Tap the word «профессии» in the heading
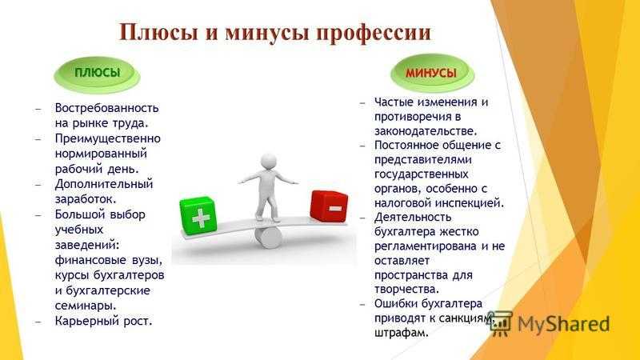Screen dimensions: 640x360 (x=374, y=34)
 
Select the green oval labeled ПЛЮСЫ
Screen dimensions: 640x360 (x=97, y=74)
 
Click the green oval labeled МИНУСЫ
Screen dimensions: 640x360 (x=431, y=74)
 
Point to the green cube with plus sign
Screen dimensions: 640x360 (x=198, y=216)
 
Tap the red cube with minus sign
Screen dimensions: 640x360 (x=329, y=206)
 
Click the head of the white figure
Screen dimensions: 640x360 (x=269, y=161)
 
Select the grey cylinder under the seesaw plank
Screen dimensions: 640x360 (x=268, y=238)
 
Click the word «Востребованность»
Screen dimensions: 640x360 (x=106, y=108)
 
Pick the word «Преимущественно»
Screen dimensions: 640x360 (x=108, y=139)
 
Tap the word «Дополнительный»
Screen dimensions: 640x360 (x=104, y=184)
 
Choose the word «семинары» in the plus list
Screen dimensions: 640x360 (x=86, y=306)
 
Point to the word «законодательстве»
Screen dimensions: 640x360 (x=426, y=131)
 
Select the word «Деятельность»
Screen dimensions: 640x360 (x=413, y=217)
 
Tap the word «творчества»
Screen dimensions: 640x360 (x=406, y=289)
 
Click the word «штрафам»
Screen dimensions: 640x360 (x=402, y=332)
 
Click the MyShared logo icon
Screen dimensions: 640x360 (x=501, y=324)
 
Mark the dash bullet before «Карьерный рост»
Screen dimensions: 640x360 (x=38, y=322)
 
